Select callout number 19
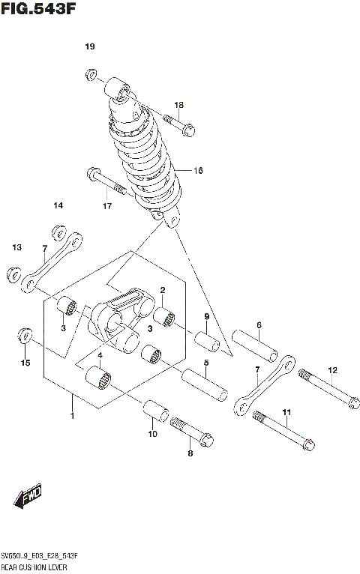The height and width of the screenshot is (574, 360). [89, 48]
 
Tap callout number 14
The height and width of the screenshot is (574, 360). [58, 205]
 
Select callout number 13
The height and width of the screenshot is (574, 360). [16, 247]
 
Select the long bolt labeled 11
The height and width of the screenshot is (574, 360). [283, 431]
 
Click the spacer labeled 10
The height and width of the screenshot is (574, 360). [156, 413]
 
